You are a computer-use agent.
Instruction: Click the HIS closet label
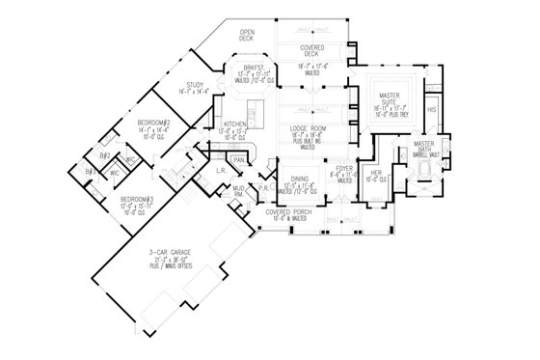[432, 110]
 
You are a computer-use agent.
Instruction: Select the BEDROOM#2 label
[154, 124]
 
